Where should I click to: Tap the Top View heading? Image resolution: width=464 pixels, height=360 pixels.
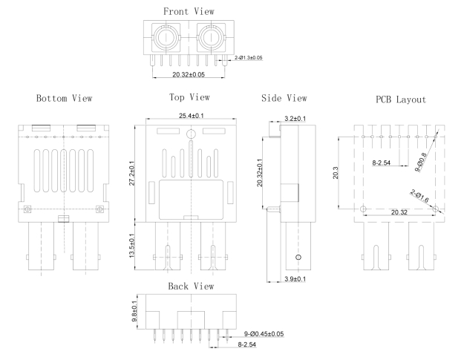[x=190, y=97]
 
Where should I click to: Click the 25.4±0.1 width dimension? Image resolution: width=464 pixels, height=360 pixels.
[x=191, y=116]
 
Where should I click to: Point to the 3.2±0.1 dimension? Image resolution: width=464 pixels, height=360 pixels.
[x=300, y=119]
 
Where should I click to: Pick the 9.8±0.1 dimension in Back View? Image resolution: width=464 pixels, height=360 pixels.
[x=134, y=305]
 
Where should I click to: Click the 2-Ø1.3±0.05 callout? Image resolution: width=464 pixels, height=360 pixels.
[x=247, y=56]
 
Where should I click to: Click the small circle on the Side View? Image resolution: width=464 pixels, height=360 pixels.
[x=298, y=257]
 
